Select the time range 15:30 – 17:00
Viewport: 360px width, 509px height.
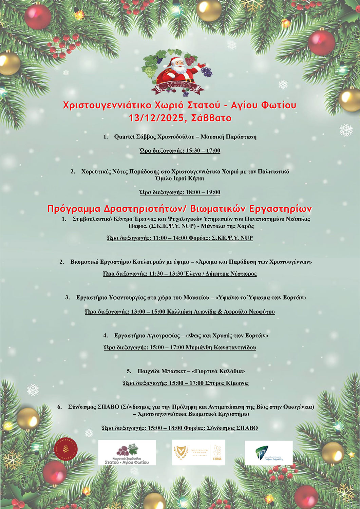coord(203,151)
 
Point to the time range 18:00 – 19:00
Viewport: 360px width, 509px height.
coord(203,192)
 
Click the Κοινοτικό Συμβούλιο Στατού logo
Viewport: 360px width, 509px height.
coord(127,452)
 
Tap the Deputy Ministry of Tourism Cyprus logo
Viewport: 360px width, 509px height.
coord(198,452)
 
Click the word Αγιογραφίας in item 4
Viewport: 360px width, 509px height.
coord(163,336)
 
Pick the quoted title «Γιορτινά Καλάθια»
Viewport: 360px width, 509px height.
coord(218,371)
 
